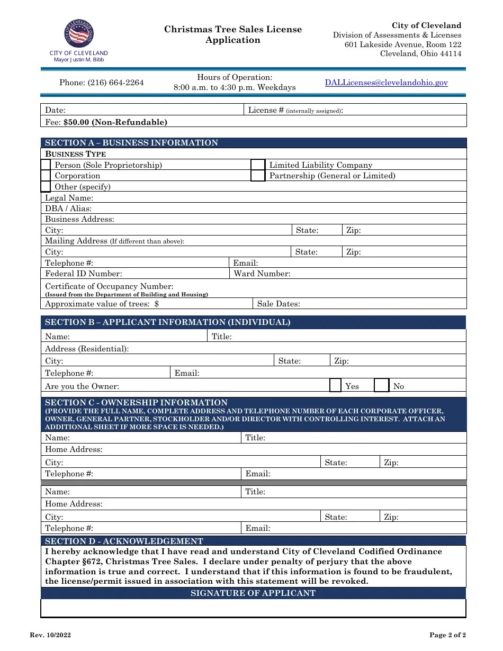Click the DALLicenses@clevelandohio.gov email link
pos(386,83)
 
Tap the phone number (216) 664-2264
pos(101,83)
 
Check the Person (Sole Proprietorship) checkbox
pos(46,165)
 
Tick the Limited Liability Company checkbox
pos(257,165)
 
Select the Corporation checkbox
pos(46,176)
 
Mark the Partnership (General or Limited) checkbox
pos(257,176)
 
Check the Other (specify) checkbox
pos(46,187)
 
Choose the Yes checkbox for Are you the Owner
pos(335,385)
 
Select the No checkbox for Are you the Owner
pos(381,385)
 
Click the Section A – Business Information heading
pos(131,143)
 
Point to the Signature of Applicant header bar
pos(253,593)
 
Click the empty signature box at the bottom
pos(253,608)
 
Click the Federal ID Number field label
pos(84,274)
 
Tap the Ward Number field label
pos(262,274)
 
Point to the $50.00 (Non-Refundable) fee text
pos(115,122)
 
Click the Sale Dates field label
pos(279,304)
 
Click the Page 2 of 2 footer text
pos(447,635)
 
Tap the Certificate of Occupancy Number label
pos(109,286)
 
